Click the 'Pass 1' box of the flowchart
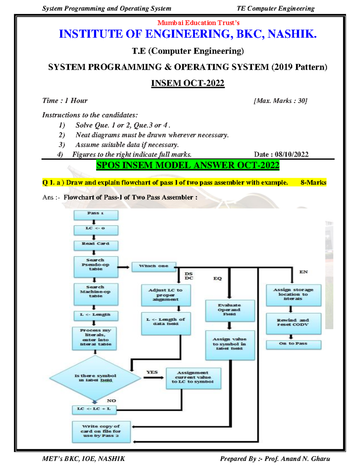tap(96, 215)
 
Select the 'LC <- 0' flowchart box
tap(96, 230)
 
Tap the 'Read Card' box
tap(96, 245)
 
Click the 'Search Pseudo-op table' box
tap(96, 266)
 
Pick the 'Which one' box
tap(154, 266)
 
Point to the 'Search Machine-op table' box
tap(96, 293)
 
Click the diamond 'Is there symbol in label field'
tap(95, 378)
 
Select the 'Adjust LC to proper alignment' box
tap(166, 295)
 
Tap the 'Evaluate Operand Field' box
tap(229, 310)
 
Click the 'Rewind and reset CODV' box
tap(293, 323)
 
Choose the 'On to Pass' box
tap(293, 344)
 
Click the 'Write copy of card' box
tap(101, 431)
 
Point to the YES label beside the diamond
tap(152, 372)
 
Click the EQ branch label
tap(217, 278)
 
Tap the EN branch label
tap(303, 272)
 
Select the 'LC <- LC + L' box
tap(94, 410)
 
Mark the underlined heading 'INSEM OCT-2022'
tap(187, 83)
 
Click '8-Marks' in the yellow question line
tap(313, 182)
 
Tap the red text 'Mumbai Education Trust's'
tap(198, 23)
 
